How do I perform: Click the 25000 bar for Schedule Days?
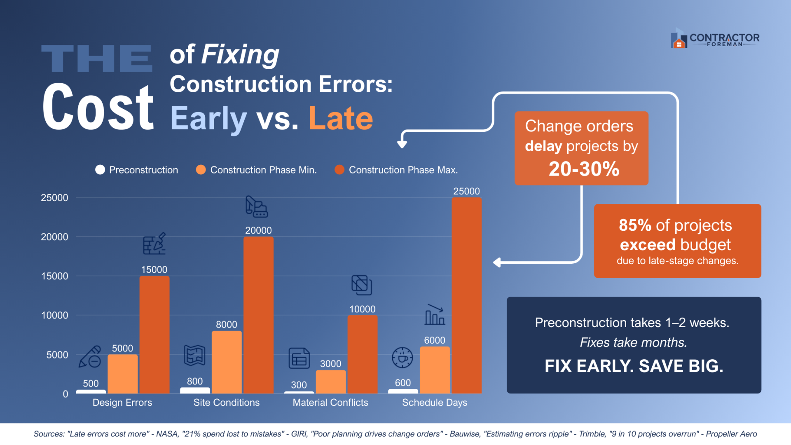click(466, 295)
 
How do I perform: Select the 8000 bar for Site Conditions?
click(227, 362)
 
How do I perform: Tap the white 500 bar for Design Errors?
click(91, 391)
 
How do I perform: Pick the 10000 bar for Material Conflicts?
click(363, 354)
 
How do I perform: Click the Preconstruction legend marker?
click(100, 170)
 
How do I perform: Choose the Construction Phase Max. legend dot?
click(339, 170)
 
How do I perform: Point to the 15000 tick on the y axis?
click(54, 276)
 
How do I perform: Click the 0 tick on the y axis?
click(66, 394)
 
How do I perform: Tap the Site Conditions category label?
click(227, 403)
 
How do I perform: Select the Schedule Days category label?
click(435, 403)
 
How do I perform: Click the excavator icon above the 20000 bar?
click(257, 206)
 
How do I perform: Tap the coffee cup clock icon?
click(402, 357)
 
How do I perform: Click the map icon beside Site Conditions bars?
click(194, 355)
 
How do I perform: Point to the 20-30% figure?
click(584, 169)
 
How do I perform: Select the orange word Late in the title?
click(341, 119)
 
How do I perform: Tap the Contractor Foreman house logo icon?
click(679, 38)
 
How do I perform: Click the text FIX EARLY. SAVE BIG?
click(634, 366)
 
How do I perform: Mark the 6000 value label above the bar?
click(435, 340)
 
